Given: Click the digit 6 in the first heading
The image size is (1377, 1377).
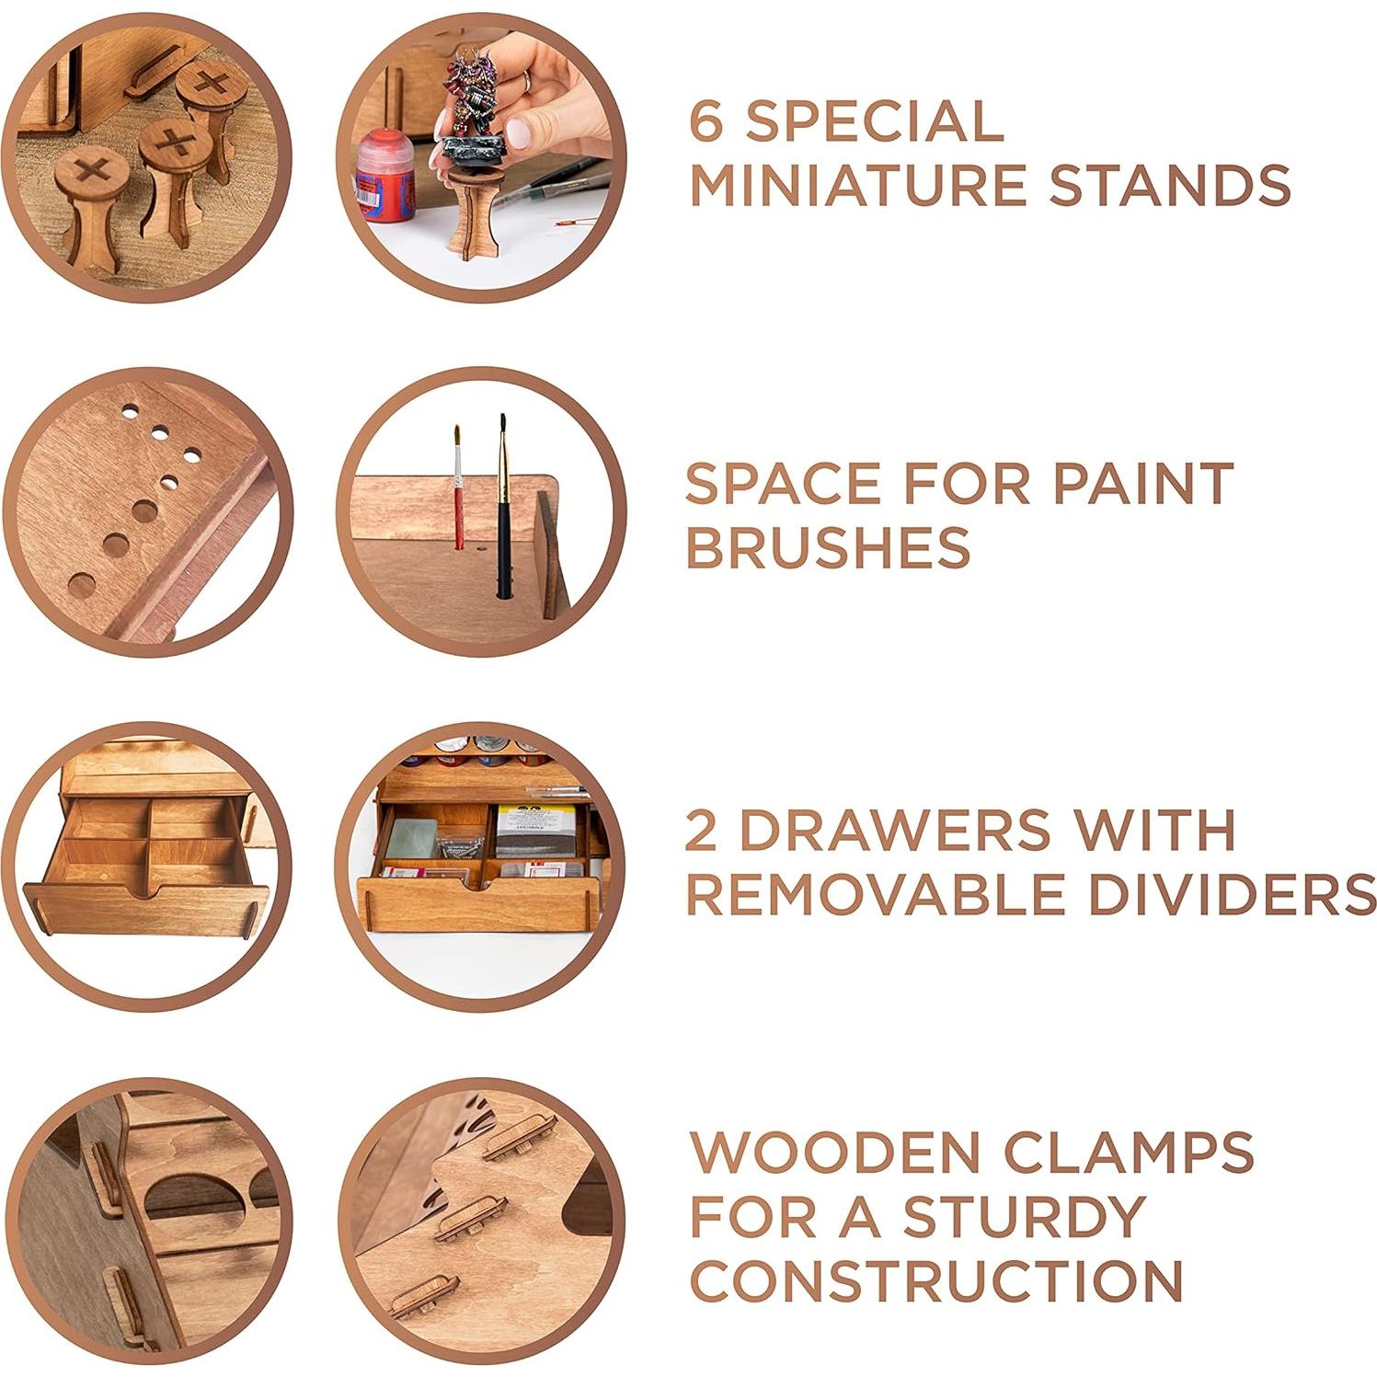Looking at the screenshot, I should (x=706, y=121).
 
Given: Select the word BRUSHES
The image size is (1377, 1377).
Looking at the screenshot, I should (x=828, y=547).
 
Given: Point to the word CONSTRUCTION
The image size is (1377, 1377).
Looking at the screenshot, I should (x=936, y=1280).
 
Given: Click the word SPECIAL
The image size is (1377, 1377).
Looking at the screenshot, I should (x=874, y=121).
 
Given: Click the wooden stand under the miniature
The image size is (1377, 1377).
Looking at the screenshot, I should (x=472, y=207).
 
